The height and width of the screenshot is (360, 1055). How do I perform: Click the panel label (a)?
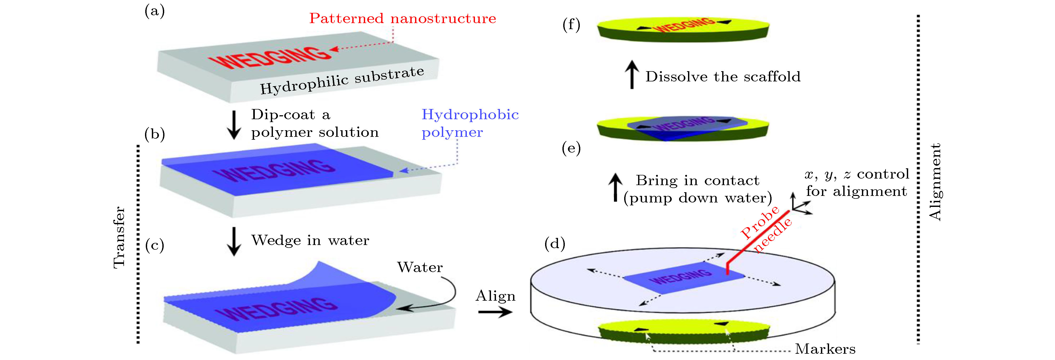tap(154, 11)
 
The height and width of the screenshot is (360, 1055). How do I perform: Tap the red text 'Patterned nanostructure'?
tap(402, 18)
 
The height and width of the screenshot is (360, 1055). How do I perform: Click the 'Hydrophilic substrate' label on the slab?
tap(342, 80)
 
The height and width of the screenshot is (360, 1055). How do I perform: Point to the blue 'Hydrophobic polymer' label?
tap(470, 123)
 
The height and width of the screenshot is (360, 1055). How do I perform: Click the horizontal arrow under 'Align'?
tap(495, 312)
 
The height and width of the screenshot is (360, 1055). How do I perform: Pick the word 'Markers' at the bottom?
tap(825, 349)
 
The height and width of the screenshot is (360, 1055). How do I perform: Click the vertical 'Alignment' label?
tap(935, 182)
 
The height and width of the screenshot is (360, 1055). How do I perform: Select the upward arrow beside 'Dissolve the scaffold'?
tap(632, 75)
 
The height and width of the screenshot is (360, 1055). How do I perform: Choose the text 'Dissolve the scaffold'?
tap(723, 77)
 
